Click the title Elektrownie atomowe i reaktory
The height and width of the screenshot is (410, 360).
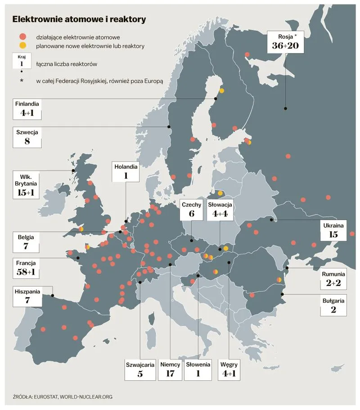coord(79,19)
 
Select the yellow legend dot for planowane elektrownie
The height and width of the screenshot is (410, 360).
coord(23,45)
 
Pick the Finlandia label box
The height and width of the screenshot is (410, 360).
coord(27,109)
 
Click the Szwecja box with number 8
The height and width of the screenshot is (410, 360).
coord(27,137)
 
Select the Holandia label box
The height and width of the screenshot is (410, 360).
coord(126,171)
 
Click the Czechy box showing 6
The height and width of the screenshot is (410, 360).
coord(191,210)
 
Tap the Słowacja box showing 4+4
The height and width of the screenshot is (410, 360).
coord(220,210)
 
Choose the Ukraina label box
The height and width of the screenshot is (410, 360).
coord(333,230)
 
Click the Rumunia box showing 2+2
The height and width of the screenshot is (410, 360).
coord(333,279)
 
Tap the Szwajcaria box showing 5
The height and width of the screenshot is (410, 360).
coord(140,369)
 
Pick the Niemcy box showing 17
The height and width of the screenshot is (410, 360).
coord(170,369)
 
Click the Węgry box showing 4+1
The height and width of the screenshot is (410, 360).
coord(229,369)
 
